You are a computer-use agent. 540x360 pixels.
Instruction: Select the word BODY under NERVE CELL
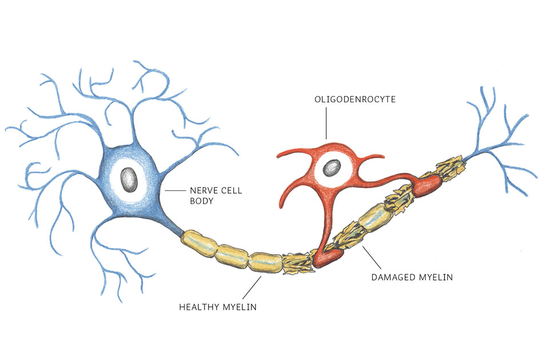(201, 202)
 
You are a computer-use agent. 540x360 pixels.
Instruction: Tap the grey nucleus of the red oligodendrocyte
(331, 168)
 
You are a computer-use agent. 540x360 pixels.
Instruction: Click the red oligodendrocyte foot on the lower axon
(326, 259)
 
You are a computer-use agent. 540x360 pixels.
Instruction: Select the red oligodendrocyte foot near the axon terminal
(428, 186)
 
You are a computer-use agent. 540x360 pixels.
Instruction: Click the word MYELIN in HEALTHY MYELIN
(239, 307)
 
